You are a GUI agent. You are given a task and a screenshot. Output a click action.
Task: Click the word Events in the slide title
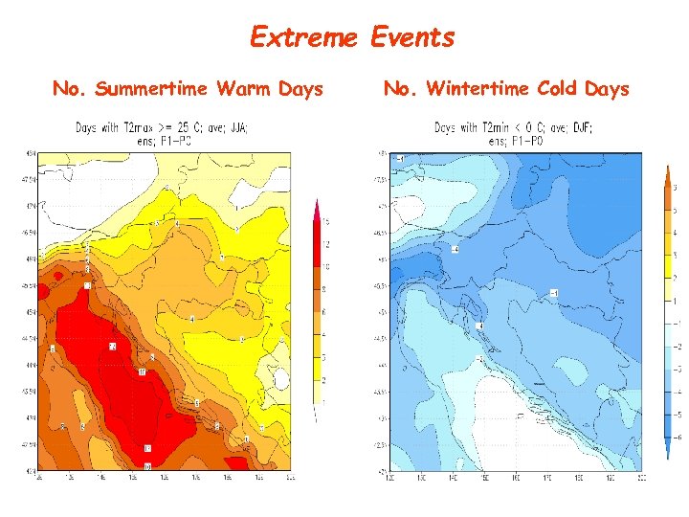click(411, 37)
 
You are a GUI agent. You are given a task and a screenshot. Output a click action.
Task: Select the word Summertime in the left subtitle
click(151, 89)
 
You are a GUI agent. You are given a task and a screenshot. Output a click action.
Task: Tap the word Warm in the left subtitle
click(245, 89)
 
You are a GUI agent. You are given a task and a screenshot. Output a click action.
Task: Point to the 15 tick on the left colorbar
click(325, 222)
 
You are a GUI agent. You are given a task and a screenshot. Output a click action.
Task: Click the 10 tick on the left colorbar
click(325, 265)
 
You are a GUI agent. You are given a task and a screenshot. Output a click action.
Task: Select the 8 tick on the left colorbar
click(325, 288)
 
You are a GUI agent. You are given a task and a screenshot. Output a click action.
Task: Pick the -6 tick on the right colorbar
click(676, 437)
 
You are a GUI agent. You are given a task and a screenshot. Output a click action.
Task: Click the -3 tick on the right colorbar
click(676, 369)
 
